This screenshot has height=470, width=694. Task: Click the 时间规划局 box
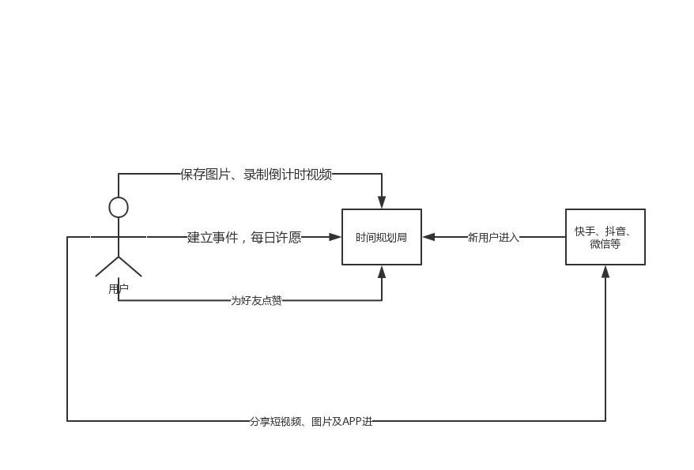pos(381,237)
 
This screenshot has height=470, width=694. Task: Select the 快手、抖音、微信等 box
pos(605,237)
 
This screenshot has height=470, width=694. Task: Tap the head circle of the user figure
pos(119,208)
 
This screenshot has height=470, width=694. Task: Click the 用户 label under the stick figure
pos(119,290)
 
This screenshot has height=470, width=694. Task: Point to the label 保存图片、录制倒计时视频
pos(256,175)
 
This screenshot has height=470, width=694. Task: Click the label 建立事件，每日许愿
pos(244,237)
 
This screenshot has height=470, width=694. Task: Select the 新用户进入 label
pos(493,237)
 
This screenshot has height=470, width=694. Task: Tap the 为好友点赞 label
pos(256,301)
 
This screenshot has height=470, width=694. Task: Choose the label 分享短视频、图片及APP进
pos(311,422)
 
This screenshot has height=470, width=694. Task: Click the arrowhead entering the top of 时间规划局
pos(382,203)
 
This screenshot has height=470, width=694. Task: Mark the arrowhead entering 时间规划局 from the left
pos(335,237)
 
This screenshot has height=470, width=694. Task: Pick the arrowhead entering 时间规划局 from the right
pos(428,237)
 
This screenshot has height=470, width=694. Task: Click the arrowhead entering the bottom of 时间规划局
pos(382,272)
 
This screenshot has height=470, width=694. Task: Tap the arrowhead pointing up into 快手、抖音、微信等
pos(605,271)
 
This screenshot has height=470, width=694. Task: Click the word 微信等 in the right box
pos(605,245)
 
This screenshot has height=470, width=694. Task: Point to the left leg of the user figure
pos(107,267)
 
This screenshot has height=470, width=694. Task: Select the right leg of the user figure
pos(130,267)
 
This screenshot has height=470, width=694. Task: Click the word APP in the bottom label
pos(352,422)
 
